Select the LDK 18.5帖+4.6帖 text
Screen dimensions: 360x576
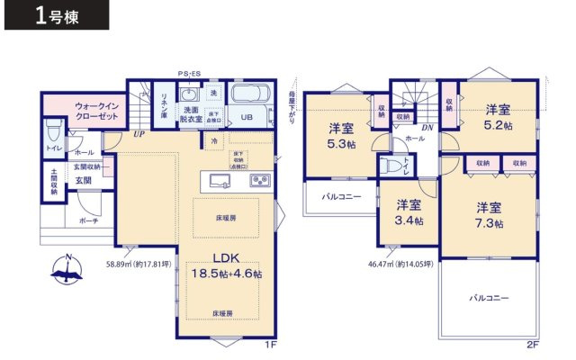tap(225, 264)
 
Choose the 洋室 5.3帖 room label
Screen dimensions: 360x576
tap(341, 136)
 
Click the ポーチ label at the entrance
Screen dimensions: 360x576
tap(88, 220)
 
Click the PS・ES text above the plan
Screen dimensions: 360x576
tap(189, 74)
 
